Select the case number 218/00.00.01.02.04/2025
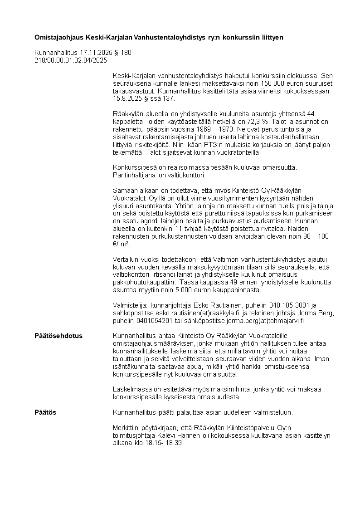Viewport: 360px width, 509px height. [71, 60]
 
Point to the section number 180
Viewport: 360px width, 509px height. [126, 53]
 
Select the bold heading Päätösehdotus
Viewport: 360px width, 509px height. [58, 336]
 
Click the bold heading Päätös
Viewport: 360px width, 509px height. [45, 412]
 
